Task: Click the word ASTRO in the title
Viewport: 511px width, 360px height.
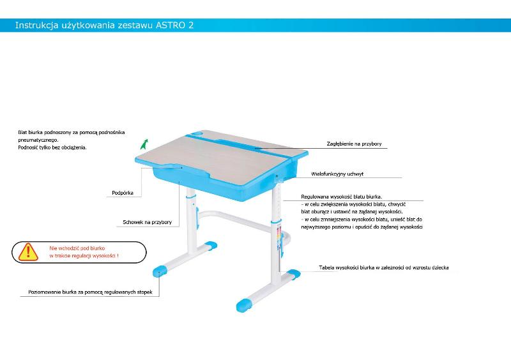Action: (x=170, y=25)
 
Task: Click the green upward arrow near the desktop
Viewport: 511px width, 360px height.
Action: (x=144, y=144)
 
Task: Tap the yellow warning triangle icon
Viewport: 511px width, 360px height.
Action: (x=28, y=252)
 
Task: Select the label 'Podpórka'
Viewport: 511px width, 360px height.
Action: (x=123, y=193)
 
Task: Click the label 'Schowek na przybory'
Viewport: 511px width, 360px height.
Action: (x=148, y=222)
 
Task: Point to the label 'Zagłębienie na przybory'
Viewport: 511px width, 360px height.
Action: (x=355, y=144)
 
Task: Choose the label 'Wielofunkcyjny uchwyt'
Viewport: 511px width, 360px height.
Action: (x=337, y=174)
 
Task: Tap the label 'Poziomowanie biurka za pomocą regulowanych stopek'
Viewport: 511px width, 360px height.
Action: (x=90, y=292)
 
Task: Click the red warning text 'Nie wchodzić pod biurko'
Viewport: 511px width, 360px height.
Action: (x=77, y=248)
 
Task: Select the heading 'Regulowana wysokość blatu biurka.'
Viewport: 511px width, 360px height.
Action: (x=342, y=197)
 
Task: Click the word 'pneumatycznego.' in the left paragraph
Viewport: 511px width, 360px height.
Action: (x=38, y=140)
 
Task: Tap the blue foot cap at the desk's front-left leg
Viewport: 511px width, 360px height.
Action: (x=160, y=271)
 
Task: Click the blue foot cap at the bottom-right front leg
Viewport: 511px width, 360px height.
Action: (x=245, y=304)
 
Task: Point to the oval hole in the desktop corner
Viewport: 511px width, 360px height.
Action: (x=197, y=133)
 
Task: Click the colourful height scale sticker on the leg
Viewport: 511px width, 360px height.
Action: (x=278, y=237)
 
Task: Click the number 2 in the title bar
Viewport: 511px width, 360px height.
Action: (x=190, y=25)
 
